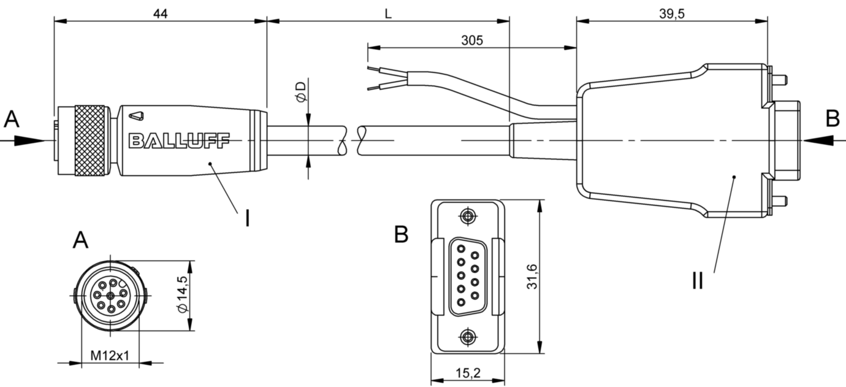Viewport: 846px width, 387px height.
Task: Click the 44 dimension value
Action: (x=160, y=13)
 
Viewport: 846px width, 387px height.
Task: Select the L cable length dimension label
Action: (x=388, y=13)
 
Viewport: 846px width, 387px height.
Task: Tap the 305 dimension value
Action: (x=471, y=40)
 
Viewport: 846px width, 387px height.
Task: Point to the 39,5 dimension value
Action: (x=672, y=13)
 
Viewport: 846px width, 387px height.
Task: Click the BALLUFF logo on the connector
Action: (x=178, y=141)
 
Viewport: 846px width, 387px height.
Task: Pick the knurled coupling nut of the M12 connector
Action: (x=90, y=140)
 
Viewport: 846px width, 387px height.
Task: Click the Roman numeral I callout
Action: (x=247, y=218)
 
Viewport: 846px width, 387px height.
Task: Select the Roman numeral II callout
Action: (x=698, y=280)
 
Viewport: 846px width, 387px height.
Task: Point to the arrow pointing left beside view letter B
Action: (x=818, y=140)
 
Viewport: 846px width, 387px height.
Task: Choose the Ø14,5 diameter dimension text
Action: (x=182, y=295)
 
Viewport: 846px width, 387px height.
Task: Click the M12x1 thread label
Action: (x=110, y=355)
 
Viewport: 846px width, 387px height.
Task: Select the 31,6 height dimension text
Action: (x=532, y=277)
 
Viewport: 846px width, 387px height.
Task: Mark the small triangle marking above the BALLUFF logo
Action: (x=140, y=115)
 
